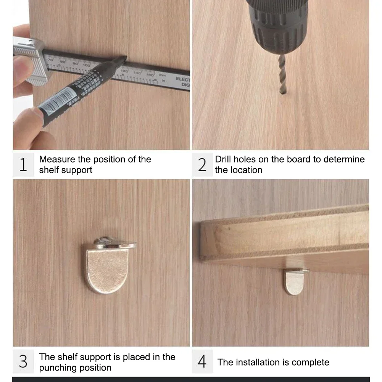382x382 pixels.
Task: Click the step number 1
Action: (23, 164)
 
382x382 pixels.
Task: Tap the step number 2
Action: (202, 164)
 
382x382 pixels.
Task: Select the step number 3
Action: (23, 362)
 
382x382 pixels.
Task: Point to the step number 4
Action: (202, 362)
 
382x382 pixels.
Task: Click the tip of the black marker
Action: (123, 59)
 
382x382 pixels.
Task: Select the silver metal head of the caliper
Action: (29, 61)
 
